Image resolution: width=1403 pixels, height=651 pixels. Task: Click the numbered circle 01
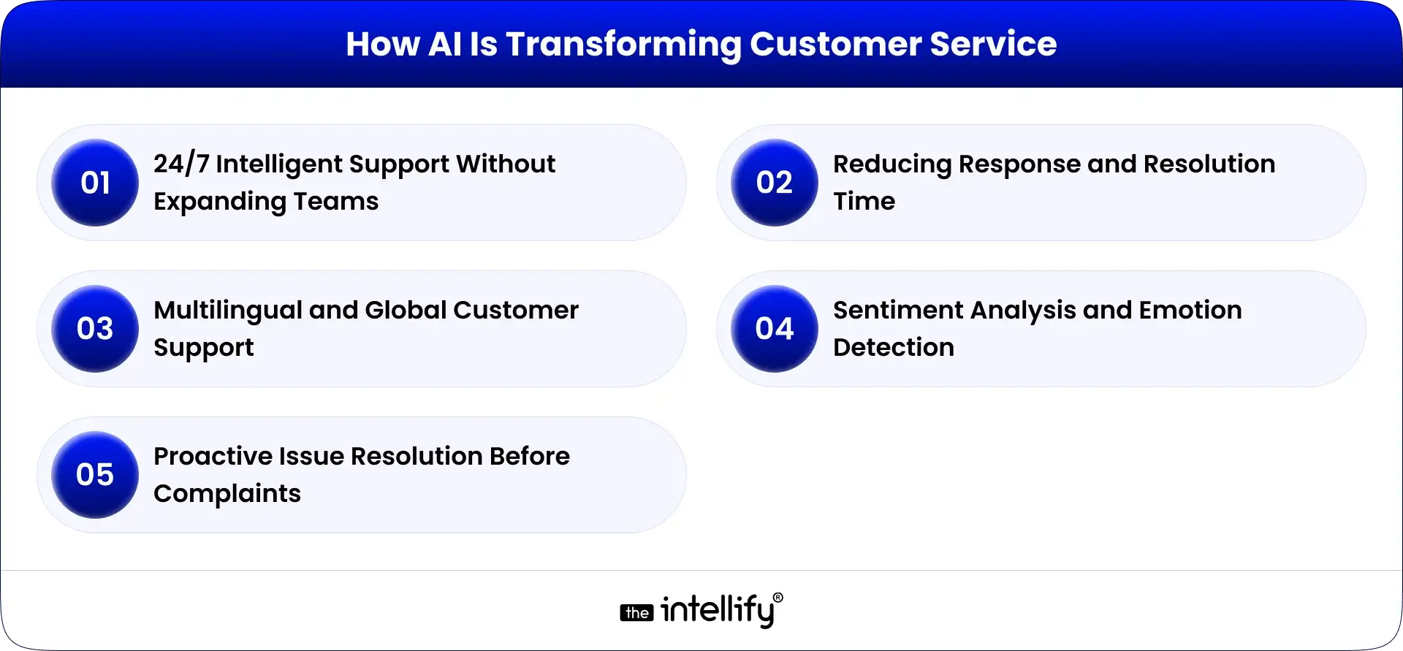tap(95, 183)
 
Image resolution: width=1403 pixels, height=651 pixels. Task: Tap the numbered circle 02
tap(775, 183)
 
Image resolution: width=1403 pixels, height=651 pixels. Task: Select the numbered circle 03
tap(95, 329)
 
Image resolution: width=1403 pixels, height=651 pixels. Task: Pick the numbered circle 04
tap(775, 329)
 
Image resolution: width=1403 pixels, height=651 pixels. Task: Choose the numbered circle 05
tap(95, 475)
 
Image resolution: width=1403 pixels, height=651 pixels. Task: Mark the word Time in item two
tap(864, 202)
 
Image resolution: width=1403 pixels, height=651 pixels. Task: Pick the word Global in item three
tap(406, 311)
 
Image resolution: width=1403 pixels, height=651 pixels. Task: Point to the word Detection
tap(893, 348)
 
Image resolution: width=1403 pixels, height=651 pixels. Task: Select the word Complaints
tap(227, 495)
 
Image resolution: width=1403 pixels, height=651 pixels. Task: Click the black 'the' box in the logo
tap(637, 613)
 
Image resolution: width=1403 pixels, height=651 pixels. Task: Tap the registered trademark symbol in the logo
tap(777, 598)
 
